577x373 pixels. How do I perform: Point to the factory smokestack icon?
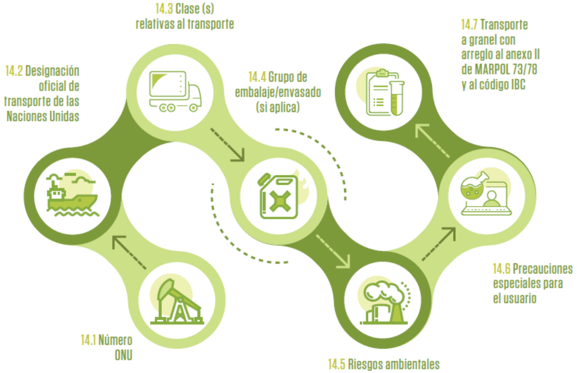384,302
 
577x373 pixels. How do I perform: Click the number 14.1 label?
88,341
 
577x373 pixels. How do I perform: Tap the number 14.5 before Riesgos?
337,365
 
